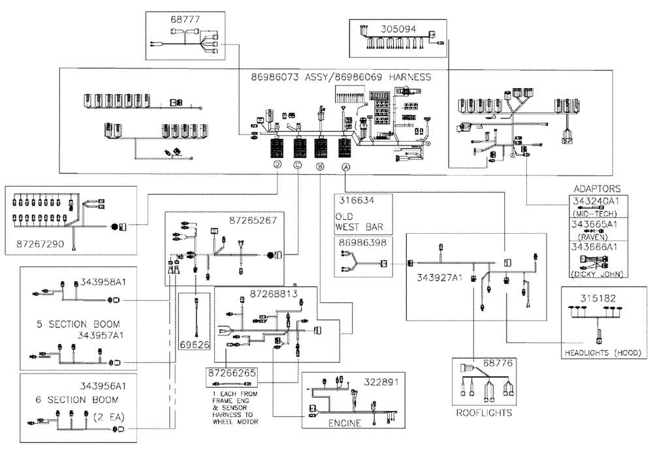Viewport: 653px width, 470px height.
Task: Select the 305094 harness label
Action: coord(399,29)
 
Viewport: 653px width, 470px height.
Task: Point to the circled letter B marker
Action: coord(320,167)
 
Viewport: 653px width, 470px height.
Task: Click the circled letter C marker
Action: coord(298,165)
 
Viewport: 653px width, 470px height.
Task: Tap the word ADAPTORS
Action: coord(596,188)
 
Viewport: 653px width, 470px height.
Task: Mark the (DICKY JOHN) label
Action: coord(596,273)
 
